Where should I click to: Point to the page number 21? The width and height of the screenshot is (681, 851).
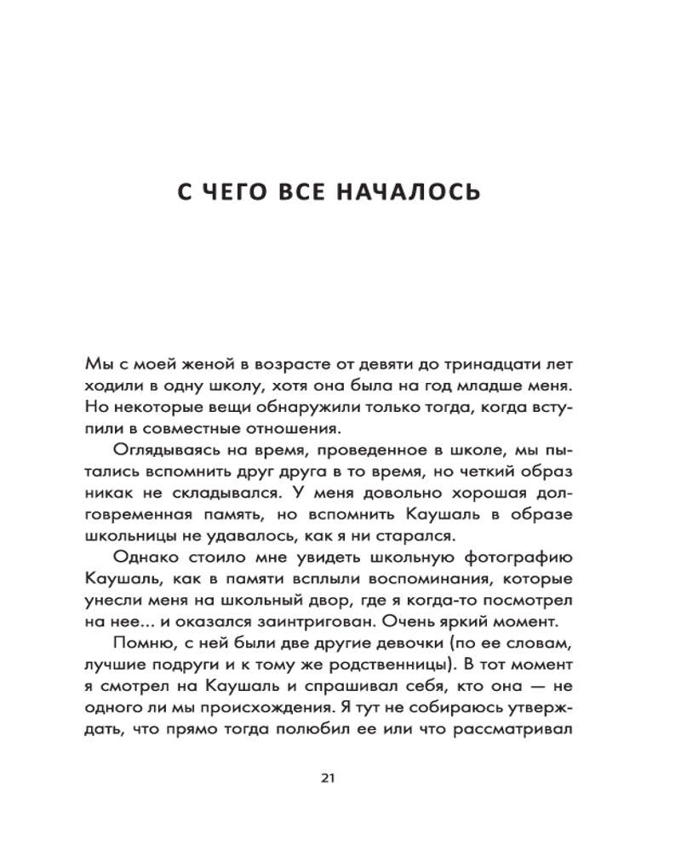(x=331, y=776)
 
